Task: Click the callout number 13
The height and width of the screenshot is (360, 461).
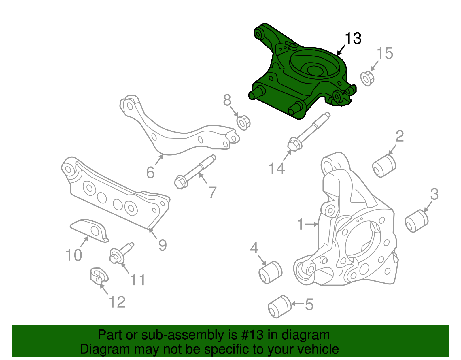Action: [x=353, y=38]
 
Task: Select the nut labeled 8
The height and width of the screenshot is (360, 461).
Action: [x=243, y=122]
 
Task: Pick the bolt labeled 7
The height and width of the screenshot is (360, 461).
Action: [x=194, y=171]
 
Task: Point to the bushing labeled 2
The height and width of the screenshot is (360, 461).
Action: [x=384, y=166]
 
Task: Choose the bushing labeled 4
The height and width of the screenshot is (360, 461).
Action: [x=270, y=272]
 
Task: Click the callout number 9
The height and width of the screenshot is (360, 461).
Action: [x=163, y=245]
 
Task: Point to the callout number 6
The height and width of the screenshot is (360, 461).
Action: [x=150, y=172]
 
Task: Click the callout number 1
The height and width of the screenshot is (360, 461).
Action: [x=301, y=224]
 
